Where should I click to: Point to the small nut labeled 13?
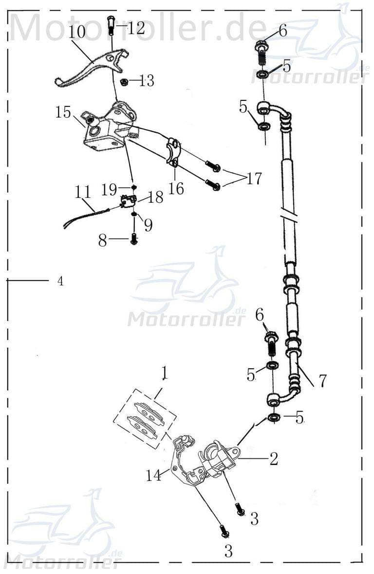(124, 81)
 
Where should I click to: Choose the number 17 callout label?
(253, 178)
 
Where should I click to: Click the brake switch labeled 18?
(128, 200)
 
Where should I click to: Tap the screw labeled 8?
(133, 239)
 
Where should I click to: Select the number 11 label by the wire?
(83, 191)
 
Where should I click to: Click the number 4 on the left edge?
(60, 281)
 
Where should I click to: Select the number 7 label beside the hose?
(322, 380)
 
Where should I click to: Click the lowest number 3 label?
(228, 551)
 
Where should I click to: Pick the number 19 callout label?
(109, 190)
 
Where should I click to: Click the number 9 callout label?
(148, 225)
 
